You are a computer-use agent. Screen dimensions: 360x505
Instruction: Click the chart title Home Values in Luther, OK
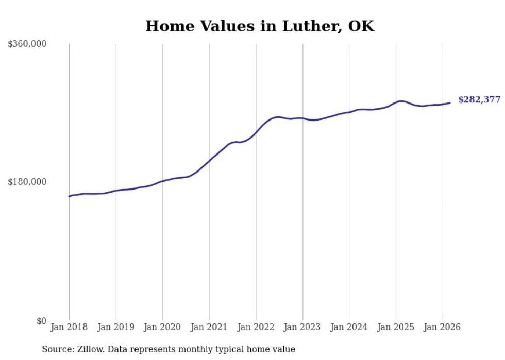pyautogui.click(x=260, y=26)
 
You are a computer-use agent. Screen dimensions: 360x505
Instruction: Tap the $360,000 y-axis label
pyautogui.click(x=27, y=44)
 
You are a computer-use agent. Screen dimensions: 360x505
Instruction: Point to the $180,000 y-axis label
pyautogui.click(x=27, y=182)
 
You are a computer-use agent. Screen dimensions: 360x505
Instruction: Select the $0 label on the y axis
pyautogui.click(x=41, y=321)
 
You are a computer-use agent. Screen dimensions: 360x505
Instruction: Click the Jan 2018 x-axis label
pyautogui.click(x=69, y=327)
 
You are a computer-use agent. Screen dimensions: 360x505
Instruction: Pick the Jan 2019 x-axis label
pyautogui.click(x=116, y=327)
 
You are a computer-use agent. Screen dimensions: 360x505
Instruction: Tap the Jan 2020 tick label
pyautogui.click(x=162, y=327)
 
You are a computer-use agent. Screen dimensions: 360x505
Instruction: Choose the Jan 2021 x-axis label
pyautogui.click(x=209, y=327)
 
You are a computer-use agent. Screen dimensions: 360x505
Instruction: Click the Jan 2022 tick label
pyautogui.click(x=256, y=327)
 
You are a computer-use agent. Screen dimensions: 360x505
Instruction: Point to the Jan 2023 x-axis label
pyautogui.click(x=302, y=327)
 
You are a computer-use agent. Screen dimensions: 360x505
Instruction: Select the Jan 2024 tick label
pyautogui.click(x=349, y=327)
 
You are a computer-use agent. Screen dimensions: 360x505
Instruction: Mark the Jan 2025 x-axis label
pyautogui.click(x=396, y=327)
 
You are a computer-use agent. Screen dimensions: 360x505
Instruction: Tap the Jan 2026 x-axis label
pyautogui.click(x=442, y=327)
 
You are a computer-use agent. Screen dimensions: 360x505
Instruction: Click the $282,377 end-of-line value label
pyautogui.click(x=479, y=100)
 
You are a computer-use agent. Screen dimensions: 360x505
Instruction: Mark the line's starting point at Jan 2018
pyautogui.click(x=69, y=196)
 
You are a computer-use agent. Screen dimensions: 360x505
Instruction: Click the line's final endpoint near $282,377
pyautogui.click(x=450, y=103)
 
